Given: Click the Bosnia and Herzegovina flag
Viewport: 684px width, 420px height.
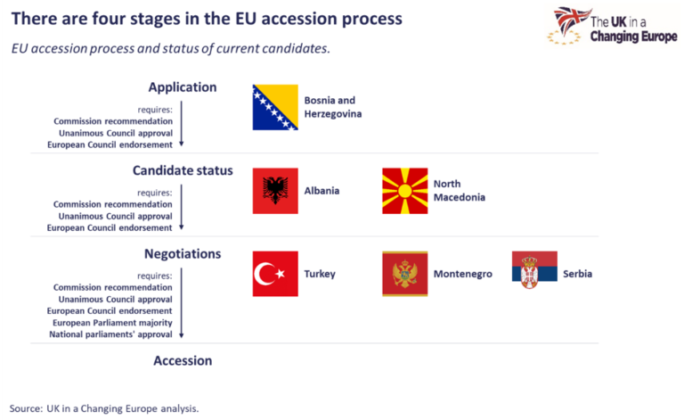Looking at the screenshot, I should point(275,108).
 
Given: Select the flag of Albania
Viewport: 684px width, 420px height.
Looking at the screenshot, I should point(275,191).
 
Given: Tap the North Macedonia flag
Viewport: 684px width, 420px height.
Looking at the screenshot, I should point(404,191).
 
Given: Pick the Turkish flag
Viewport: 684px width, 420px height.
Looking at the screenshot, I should point(275,274).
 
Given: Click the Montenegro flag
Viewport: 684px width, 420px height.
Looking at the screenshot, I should point(404,274).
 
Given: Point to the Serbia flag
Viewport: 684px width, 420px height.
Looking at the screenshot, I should point(534,268).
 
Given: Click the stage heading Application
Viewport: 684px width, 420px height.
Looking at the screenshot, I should point(183,87).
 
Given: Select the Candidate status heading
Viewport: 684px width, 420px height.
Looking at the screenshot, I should point(183,170).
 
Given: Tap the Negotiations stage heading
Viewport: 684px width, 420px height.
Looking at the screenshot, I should point(183,253).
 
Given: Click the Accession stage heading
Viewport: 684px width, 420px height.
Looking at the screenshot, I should point(183,360).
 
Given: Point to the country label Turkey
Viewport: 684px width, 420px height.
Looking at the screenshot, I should point(320,274).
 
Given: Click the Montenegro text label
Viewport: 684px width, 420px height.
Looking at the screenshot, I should point(462,274).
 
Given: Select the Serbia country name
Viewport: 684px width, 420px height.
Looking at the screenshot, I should point(577,274).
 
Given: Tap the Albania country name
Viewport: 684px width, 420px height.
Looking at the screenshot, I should point(322,191).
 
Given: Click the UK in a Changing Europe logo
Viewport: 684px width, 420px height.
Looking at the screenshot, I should point(615,26).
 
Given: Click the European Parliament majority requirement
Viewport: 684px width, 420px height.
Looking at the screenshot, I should point(112,322).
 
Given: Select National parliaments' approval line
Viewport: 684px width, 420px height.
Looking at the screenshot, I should point(112,334).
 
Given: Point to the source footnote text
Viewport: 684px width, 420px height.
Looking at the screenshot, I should point(105,408).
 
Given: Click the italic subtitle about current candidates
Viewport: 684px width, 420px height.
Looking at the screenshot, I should point(171,48).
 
